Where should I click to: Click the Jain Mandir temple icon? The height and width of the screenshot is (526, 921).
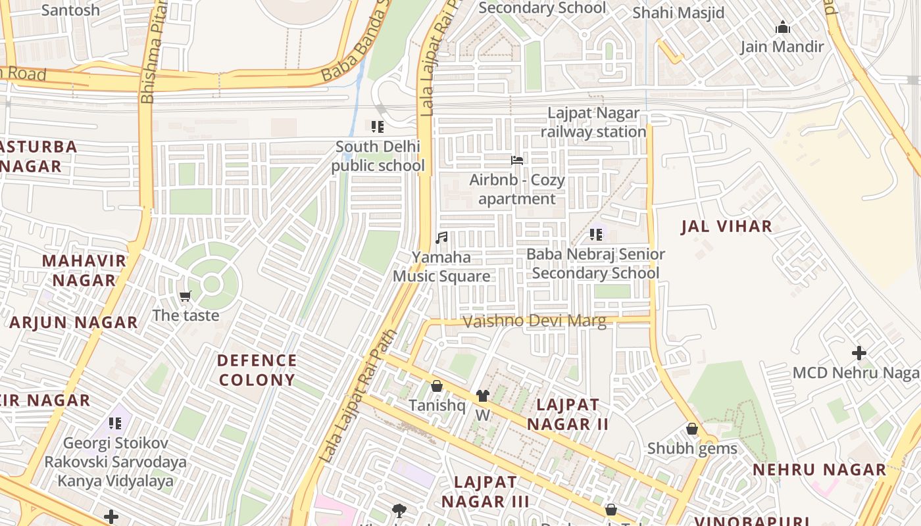coord(782,27)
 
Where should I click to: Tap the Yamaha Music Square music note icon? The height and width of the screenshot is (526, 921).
coord(441,237)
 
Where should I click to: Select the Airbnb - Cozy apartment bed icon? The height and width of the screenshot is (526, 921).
coord(517,160)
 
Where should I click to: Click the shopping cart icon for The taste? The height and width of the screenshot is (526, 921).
coord(186,297)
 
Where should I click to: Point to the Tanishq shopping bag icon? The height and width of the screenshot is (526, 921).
coord(436,386)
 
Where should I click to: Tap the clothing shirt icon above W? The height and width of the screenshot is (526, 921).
coord(483,395)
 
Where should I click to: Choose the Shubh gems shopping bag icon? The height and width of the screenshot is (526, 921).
coord(691,429)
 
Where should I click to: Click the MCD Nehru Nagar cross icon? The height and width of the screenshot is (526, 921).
coord(859,353)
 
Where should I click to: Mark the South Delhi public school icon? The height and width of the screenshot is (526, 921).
coord(378,126)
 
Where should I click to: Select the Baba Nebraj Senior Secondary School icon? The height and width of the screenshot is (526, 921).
coord(596,234)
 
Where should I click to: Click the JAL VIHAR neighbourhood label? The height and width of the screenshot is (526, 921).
coord(726,227)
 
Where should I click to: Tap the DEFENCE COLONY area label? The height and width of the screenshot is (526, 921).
coord(257,370)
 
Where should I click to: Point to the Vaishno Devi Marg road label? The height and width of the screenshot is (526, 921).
coord(534,322)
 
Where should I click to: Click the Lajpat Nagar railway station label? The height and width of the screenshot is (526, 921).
coord(593,122)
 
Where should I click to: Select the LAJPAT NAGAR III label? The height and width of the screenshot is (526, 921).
coord(485,492)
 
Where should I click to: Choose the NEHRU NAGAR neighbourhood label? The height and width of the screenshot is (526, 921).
coord(820,470)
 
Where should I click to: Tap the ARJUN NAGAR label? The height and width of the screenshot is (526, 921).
coord(74,323)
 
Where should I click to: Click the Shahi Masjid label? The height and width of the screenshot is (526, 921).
coord(678,12)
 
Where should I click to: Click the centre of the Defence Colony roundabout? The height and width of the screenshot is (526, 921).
coord(211,285)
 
